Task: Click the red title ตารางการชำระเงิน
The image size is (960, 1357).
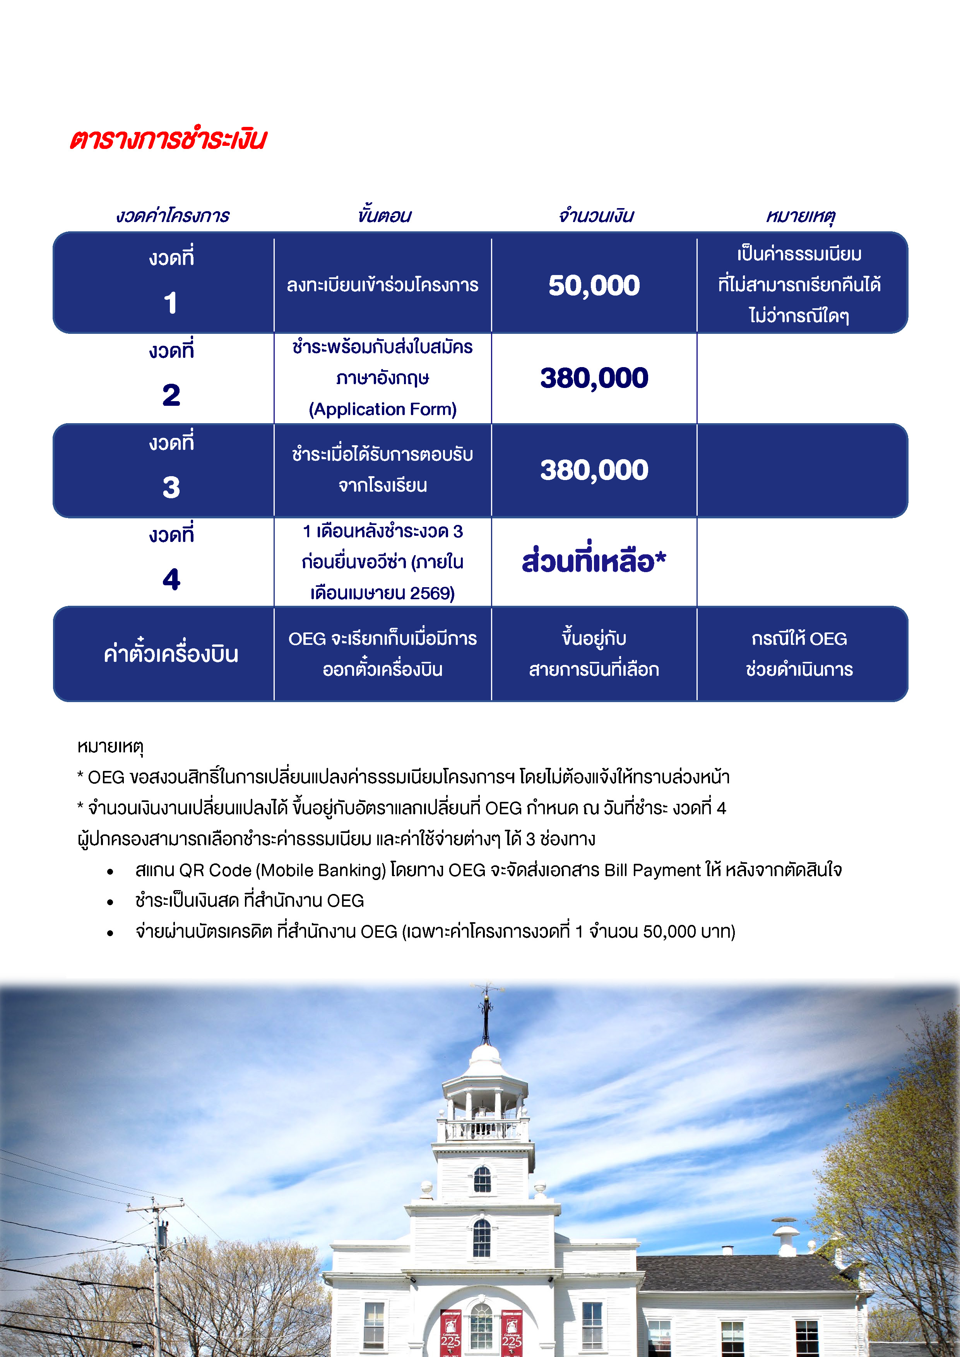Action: tap(168, 140)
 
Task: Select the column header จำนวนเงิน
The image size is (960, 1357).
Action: tap(595, 216)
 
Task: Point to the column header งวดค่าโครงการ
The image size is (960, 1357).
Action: tap(173, 216)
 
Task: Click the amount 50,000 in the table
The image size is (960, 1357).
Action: tap(594, 285)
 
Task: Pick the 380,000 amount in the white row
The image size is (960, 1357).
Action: tap(594, 378)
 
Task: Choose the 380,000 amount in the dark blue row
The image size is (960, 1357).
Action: tap(594, 470)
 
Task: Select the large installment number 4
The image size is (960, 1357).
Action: tap(171, 579)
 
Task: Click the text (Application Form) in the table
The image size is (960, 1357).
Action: tap(382, 409)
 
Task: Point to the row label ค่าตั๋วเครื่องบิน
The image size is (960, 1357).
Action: tap(171, 654)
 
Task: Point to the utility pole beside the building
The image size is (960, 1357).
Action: tap(157, 1271)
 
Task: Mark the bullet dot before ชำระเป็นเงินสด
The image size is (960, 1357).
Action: tap(110, 902)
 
